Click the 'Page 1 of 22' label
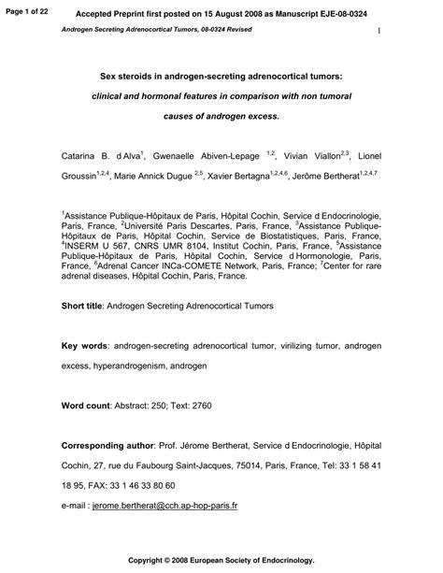click(24, 10)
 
